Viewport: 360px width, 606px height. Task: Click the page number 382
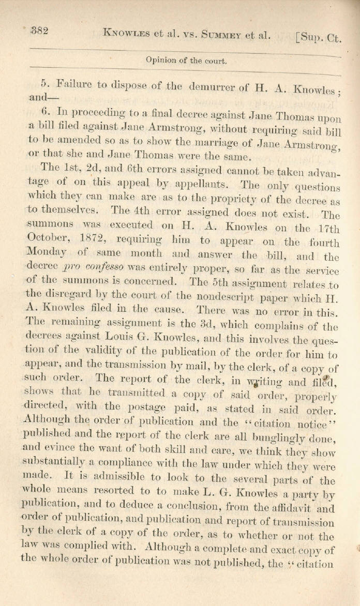click(x=39, y=31)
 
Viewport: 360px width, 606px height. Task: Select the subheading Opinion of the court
click(x=186, y=60)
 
